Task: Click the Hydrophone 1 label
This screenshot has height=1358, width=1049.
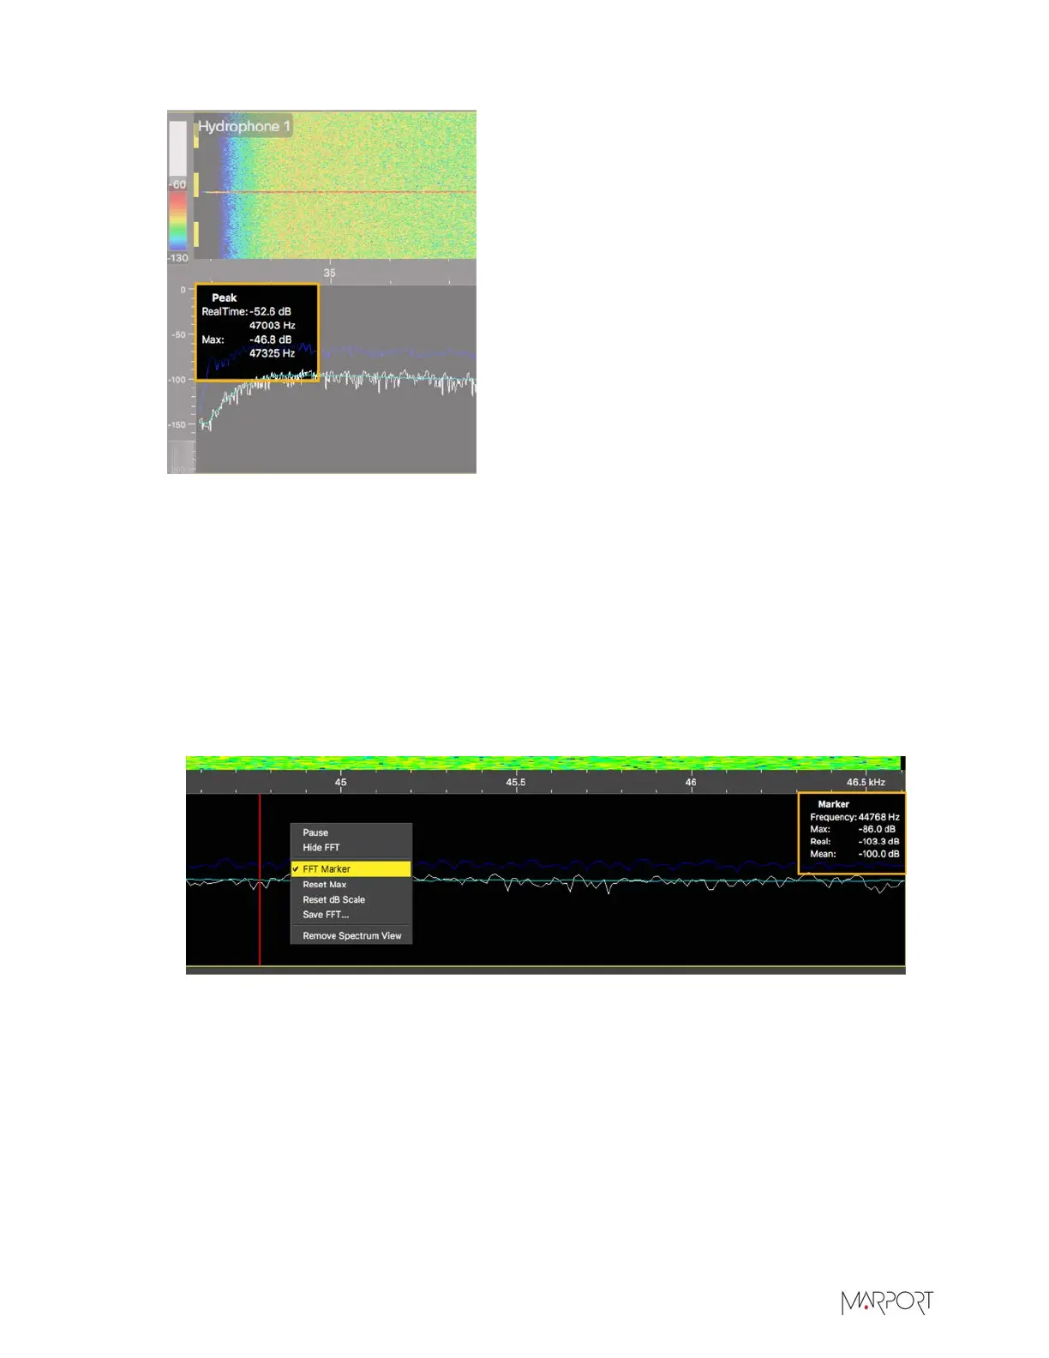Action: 244,127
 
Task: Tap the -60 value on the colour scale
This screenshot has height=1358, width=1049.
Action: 177,184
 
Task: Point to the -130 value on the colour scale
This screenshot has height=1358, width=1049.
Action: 177,258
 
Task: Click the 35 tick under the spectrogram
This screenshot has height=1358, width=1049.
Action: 329,273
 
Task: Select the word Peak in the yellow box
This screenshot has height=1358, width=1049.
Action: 225,297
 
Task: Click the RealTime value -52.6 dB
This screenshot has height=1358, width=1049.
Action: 271,311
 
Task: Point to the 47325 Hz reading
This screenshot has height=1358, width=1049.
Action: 272,353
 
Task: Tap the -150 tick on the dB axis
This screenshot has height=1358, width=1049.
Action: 177,424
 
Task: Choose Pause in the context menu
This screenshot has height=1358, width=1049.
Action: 315,832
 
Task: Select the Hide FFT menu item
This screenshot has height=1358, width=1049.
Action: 321,847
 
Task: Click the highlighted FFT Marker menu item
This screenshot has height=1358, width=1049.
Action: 327,868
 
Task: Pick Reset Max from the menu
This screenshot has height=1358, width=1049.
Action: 325,884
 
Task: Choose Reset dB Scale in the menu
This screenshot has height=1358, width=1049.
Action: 333,899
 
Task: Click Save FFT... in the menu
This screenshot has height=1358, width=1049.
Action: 326,914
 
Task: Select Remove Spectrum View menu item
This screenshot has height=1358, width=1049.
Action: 351,935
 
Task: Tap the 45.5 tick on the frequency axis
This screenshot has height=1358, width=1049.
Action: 515,782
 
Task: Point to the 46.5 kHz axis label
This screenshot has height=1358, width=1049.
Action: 866,782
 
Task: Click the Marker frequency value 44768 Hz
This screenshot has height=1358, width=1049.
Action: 878,817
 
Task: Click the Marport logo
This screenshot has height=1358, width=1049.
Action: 886,1303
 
